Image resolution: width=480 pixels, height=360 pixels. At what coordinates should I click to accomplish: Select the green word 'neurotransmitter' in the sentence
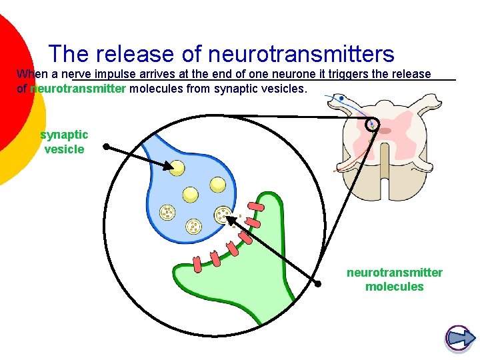click(78, 88)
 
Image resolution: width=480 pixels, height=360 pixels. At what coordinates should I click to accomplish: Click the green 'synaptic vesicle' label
click(64, 142)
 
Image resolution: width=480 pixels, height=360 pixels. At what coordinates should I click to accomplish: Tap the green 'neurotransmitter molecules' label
click(394, 279)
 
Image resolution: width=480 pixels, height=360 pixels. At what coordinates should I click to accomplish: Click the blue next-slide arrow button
click(458, 338)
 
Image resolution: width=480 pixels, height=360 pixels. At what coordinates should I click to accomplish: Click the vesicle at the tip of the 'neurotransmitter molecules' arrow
click(222, 215)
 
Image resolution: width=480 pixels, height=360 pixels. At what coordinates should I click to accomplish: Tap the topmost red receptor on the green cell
click(256, 207)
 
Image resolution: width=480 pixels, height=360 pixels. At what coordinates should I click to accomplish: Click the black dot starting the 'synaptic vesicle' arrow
click(105, 147)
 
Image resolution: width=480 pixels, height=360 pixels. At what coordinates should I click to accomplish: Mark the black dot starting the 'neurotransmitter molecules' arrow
click(318, 284)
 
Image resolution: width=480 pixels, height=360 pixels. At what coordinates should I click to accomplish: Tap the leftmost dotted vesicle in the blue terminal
click(166, 213)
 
